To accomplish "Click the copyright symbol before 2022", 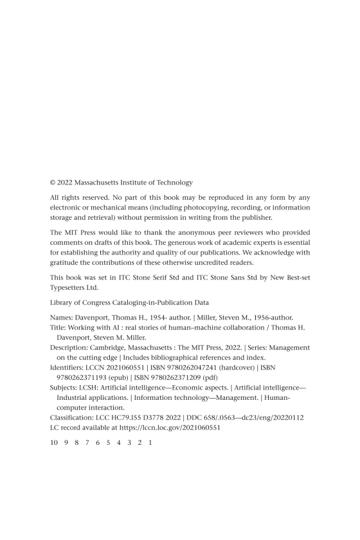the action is (53, 183).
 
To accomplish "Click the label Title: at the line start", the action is (59, 327).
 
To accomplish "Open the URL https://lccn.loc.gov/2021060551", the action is (166, 428).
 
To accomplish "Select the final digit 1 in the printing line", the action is (149, 443).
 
